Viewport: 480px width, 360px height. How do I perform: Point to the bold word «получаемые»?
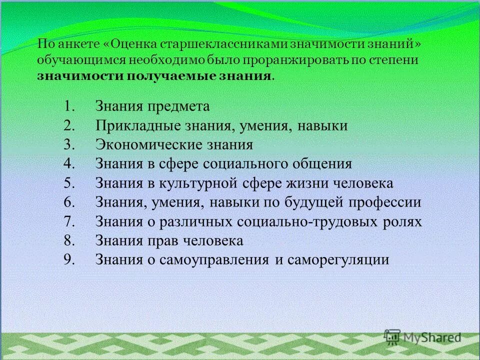[x=166, y=76]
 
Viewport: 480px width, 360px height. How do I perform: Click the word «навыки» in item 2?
[x=322, y=125]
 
